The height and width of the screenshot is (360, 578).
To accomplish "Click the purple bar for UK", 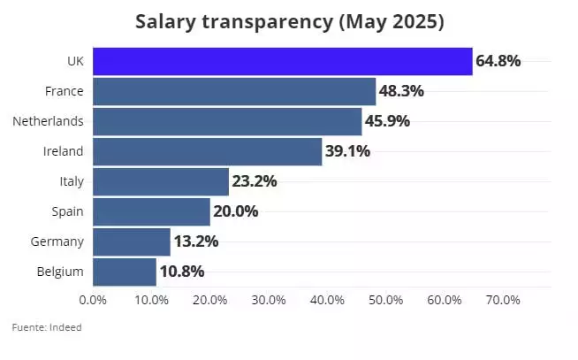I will (x=282, y=61).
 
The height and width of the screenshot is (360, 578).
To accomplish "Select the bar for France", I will (x=234, y=91).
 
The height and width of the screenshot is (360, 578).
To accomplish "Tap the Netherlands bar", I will (x=227, y=121).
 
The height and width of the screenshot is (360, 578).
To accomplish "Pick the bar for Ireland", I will (x=207, y=151).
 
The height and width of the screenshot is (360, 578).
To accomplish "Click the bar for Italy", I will (x=161, y=181).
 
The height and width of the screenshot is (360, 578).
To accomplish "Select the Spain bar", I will (x=151, y=211).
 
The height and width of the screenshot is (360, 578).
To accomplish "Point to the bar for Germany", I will (x=131, y=241).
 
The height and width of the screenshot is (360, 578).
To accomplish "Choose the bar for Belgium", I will (x=125, y=272).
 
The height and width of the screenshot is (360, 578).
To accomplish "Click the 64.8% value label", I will (x=498, y=61).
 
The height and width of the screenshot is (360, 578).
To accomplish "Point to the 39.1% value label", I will (x=347, y=151).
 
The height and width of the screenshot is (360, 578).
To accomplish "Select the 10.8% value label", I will (x=182, y=272).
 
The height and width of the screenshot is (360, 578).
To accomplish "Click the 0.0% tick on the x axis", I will (x=93, y=300).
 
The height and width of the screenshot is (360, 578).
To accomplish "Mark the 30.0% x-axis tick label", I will (x=269, y=300).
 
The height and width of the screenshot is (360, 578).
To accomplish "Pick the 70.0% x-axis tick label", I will (x=503, y=300).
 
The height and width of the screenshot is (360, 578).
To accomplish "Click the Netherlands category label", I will (x=49, y=121).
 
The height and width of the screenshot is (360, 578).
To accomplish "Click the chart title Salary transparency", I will (x=289, y=21).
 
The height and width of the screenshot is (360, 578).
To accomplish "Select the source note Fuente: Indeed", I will (x=46, y=328).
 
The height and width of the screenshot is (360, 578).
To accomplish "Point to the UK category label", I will (x=75, y=61).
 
